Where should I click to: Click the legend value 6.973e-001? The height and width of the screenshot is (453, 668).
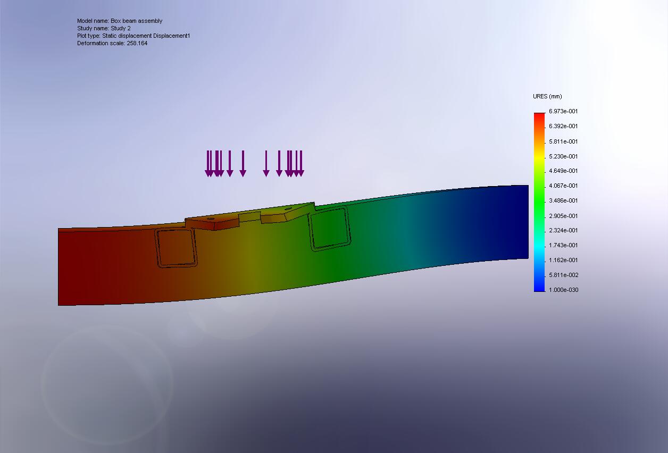(x=563, y=111)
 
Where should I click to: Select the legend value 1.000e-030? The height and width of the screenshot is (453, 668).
(x=563, y=290)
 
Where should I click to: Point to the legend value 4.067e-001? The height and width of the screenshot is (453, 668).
(x=563, y=186)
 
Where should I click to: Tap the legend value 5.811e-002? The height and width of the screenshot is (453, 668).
(x=563, y=275)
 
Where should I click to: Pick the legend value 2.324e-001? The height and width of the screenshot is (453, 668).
(x=563, y=230)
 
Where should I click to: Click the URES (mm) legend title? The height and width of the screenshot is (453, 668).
(x=547, y=96)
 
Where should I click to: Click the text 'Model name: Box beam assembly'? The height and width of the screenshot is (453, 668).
(x=120, y=21)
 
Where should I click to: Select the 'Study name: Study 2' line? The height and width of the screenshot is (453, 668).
(x=104, y=28)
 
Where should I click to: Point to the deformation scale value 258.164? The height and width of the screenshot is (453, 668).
(x=137, y=43)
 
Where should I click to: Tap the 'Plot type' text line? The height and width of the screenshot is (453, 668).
(x=133, y=36)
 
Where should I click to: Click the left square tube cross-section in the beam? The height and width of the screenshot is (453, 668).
(x=176, y=247)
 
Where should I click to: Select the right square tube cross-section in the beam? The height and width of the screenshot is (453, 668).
(x=329, y=229)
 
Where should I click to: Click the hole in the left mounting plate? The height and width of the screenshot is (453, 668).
(x=210, y=219)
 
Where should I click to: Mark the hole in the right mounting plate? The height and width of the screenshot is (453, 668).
(x=288, y=209)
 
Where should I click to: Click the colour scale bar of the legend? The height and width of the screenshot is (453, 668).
(x=539, y=202)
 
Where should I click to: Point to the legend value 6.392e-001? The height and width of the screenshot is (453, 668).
(x=563, y=126)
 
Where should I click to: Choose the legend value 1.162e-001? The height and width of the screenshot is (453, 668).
(x=563, y=260)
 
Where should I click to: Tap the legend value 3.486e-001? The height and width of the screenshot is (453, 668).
(x=563, y=200)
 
